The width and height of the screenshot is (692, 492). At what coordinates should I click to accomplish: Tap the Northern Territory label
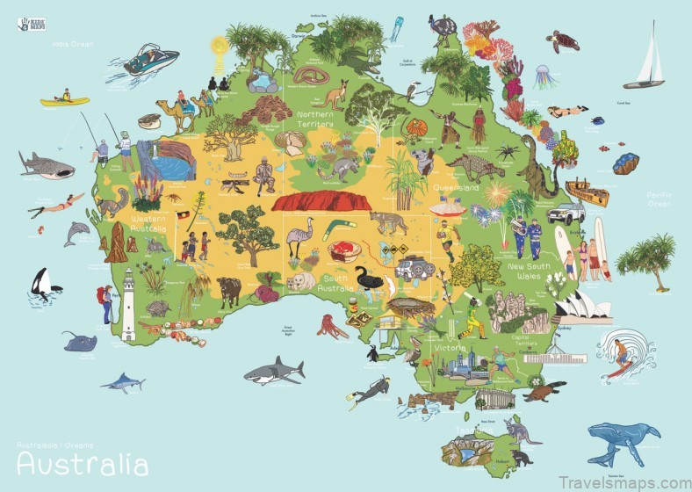(315, 119)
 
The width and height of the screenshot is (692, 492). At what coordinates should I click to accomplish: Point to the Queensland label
(455, 188)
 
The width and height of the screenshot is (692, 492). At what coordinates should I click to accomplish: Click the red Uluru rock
(317, 202)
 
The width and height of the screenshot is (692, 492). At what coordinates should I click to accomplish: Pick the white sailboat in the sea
(646, 61)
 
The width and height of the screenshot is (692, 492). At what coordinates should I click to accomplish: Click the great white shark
(273, 372)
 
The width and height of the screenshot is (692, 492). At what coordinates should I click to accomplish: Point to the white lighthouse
(128, 304)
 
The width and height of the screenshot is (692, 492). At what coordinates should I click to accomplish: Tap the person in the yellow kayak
(64, 98)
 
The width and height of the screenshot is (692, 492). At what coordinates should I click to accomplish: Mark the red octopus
(331, 328)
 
